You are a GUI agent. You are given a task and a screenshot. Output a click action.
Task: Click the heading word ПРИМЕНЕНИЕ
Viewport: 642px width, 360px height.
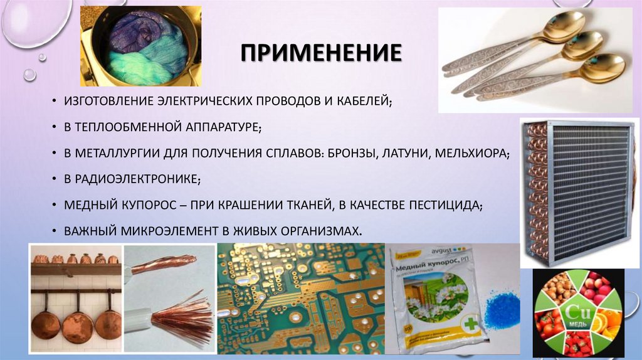(x=320, y=53)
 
